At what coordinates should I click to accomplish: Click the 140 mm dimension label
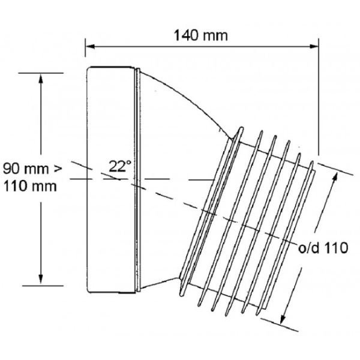201,35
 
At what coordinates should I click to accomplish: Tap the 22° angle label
120,165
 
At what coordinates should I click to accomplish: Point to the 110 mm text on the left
30,185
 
